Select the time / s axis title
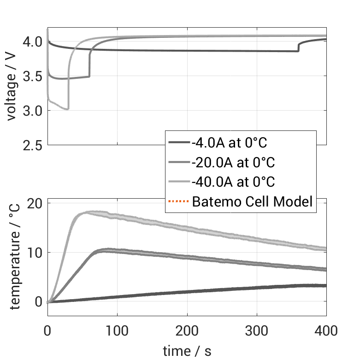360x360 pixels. [x=187, y=351]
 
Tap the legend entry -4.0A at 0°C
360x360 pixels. [x=229, y=142]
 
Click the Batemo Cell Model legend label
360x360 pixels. [x=252, y=201]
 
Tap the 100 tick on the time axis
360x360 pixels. [x=117, y=330]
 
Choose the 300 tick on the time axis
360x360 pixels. [x=257, y=330]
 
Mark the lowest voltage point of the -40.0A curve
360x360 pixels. [x=67, y=109]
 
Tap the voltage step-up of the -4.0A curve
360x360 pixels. [x=298, y=47]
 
